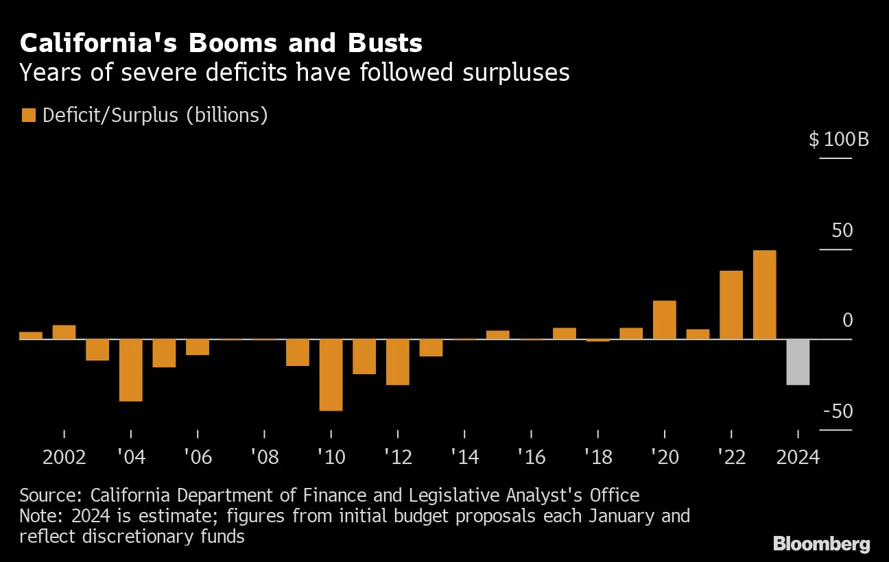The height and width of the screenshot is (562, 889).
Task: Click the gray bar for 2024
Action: tap(798, 362)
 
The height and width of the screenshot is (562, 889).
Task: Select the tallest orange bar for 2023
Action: tap(764, 295)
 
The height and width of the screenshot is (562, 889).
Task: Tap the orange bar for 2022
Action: tap(731, 305)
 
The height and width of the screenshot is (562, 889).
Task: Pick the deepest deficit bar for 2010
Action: tap(331, 375)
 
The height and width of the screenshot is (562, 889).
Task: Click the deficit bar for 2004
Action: tap(130, 370)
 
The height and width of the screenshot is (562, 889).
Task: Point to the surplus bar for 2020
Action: tap(664, 320)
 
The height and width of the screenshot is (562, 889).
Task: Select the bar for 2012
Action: tap(397, 362)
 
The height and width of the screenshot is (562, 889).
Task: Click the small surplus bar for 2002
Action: tap(64, 332)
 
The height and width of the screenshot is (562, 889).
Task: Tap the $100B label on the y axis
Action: tap(838, 140)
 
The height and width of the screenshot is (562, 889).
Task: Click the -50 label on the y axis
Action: tap(838, 411)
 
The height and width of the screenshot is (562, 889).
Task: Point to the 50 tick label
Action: tap(842, 230)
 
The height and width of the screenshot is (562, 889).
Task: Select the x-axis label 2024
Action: tap(798, 457)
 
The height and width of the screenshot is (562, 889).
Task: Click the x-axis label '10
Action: tap(331, 457)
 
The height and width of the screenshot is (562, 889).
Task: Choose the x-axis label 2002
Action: tap(64, 457)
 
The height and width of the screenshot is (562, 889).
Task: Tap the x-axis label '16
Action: tap(531, 457)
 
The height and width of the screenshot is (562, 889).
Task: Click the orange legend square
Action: tap(28, 115)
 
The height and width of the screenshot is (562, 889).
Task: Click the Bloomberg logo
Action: tap(821, 544)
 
